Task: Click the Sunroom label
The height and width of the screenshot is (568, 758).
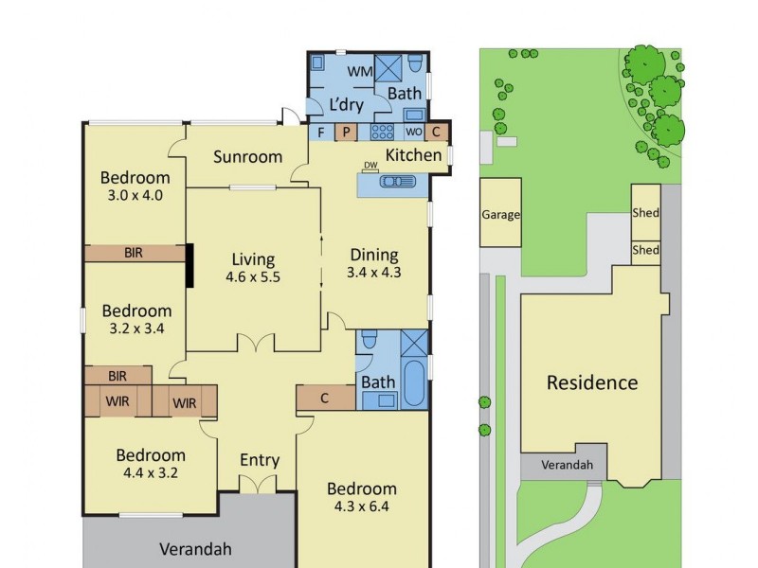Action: [247, 156]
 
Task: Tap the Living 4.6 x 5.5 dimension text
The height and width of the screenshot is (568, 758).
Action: [252, 277]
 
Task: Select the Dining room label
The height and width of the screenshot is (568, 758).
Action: [374, 255]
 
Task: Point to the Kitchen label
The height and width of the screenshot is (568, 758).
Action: [413, 155]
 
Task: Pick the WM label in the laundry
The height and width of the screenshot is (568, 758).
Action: [358, 72]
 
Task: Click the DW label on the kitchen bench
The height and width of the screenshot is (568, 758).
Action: [370, 166]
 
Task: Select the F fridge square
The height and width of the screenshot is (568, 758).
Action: [321, 132]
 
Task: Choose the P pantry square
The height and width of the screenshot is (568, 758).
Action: [346, 132]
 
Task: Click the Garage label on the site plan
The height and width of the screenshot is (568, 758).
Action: [500, 215]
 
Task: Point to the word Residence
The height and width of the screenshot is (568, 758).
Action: [592, 382]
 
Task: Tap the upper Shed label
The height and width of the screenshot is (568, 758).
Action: [645, 213]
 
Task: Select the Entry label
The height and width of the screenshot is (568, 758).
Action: [259, 460]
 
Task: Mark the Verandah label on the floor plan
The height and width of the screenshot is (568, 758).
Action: [195, 548]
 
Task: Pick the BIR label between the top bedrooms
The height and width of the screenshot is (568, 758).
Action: [135, 253]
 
